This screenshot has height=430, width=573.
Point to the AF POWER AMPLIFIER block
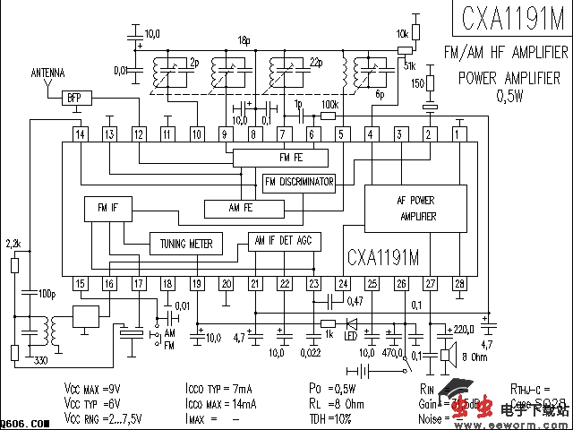[416, 209]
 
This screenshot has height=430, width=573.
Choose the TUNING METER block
[186, 243]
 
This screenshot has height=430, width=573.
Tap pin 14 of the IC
[81, 134]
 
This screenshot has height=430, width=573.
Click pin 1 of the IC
[459, 134]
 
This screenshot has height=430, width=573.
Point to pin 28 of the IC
[459, 284]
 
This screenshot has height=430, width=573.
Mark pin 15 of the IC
[81, 284]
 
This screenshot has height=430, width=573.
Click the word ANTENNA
[47, 71]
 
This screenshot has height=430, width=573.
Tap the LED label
[350, 336]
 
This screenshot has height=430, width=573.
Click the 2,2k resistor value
[13, 244]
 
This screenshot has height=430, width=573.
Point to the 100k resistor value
[329, 105]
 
